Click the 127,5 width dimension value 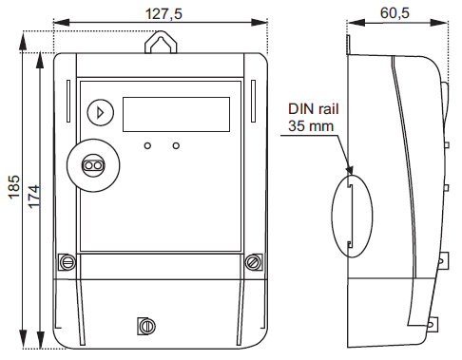[x=164, y=14]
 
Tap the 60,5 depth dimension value [x=395, y=13]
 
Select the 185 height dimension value [x=14, y=187]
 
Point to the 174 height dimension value [x=34, y=197]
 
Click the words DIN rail [x=314, y=109]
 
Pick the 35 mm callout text [x=311, y=126]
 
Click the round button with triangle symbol [x=101, y=113]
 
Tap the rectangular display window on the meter [x=176, y=114]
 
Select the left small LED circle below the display [x=147, y=146]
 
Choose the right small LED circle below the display [x=176, y=146]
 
